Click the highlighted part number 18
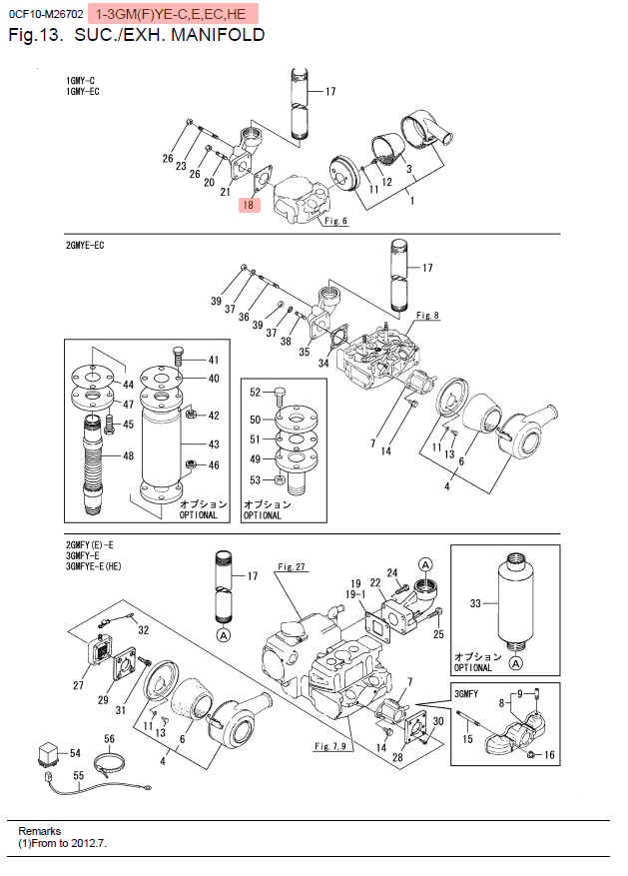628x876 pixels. tap(249, 206)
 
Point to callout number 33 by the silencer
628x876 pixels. tap(475, 602)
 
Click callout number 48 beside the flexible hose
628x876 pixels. tap(129, 456)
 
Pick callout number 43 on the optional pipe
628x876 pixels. tap(213, 443)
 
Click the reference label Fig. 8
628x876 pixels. tap(427, 316)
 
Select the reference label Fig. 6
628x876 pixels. tap(335, 221)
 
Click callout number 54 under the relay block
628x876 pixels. tap(76, 752)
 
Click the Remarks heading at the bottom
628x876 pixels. tap(40, 831)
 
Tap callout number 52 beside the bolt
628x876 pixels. tap(255, 392)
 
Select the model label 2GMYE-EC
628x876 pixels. tap(86, 245)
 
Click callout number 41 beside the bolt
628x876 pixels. tap(213, 360)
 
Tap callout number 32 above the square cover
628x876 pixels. tap(143, 630)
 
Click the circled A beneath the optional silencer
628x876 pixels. tap(515, 661)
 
